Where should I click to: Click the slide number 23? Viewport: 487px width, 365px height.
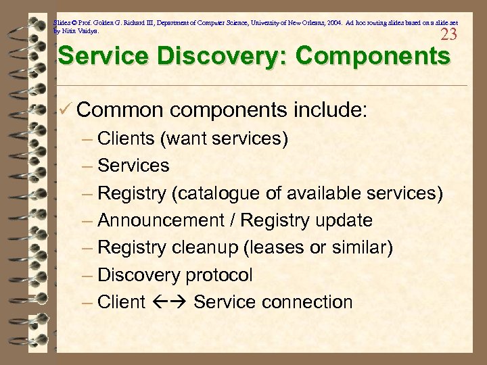click(x=448, y=34)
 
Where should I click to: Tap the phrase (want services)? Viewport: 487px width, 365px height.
click(x=224, y=139)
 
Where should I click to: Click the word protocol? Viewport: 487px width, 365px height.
click(x=220, y=275)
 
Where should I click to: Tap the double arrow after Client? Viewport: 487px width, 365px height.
click(x=169, y=302)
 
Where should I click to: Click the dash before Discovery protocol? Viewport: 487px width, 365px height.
click(x=88, y=275)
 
